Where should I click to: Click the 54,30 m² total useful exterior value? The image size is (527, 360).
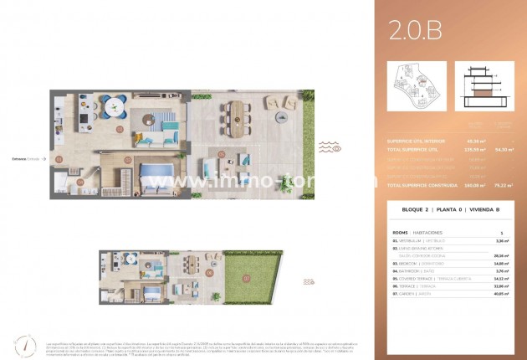[x=504, y=149]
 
